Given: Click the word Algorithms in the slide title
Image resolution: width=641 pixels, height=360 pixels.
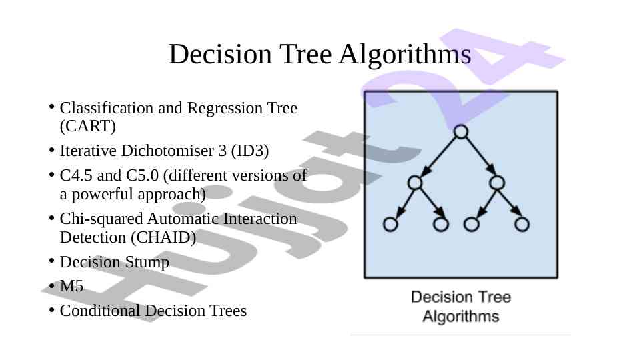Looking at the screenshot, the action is coord(405,55).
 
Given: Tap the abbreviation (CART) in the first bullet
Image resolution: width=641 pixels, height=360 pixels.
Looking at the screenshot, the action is coord(88,126).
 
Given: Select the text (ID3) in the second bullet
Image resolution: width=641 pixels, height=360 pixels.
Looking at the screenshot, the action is coord(250,151).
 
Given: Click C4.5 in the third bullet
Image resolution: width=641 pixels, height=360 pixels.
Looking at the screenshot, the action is coord(76,175).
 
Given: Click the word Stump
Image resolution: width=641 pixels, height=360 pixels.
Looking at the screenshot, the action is coord(147,263).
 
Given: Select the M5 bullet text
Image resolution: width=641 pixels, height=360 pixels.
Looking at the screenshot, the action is coord(71,286).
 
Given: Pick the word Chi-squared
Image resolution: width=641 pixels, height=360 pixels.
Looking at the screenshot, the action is coord(101,219).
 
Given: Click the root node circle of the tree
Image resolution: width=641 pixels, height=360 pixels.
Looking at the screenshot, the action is coord(461,131).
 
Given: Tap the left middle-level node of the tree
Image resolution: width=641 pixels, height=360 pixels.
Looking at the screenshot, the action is coord(415,183).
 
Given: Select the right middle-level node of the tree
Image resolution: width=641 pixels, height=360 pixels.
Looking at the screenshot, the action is coord(497,183).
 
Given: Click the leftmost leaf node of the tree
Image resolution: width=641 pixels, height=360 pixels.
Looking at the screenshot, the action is coord(390,225).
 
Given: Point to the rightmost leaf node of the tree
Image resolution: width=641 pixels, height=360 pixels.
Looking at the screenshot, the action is coord(522,225).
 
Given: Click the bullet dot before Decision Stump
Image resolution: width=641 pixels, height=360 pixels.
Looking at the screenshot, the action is coord(51,261).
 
